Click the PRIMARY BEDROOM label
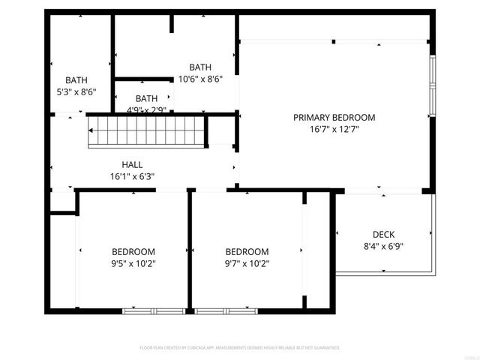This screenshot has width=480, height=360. pyautogui.click(x=334, y=118)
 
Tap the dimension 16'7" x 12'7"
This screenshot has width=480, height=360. pyautogui.click(x=334, y=130)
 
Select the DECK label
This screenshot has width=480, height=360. pyautogui.click(x=383, y=234)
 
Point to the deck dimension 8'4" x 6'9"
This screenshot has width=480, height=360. pyautogui.click(x=383, y=246)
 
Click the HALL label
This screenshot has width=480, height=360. pyautogui.click(x=132, y=165)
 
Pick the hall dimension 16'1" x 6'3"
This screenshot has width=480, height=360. pyautogui.click(x=132, y=177)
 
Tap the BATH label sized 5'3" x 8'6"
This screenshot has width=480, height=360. pyautogui.click(x=76, y=80)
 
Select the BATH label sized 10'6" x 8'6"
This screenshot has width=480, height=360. pyautogui.click(x=200, y=67)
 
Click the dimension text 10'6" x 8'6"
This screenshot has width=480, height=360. pyautogui.click(x=200, y=79)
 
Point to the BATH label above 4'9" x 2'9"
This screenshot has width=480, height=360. pyautogui.click(x=146, y=98)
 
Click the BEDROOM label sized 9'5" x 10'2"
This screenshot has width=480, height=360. pyautogui.click(x=133, y=251)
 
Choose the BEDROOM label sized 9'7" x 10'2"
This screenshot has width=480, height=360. pyautogui.click(x=247, y=251)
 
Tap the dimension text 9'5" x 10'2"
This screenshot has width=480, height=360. pyautogui.click(x=133, y=263)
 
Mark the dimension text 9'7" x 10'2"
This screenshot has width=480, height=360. pyautogui.click(x=247, y=263)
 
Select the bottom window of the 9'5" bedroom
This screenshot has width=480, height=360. pyautogui.click(x=154, y=310)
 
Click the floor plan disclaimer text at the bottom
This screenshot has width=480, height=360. pyautogui.click(x=240, y=348)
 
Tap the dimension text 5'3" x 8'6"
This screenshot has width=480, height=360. pyautogui.click(x=76, y=92)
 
